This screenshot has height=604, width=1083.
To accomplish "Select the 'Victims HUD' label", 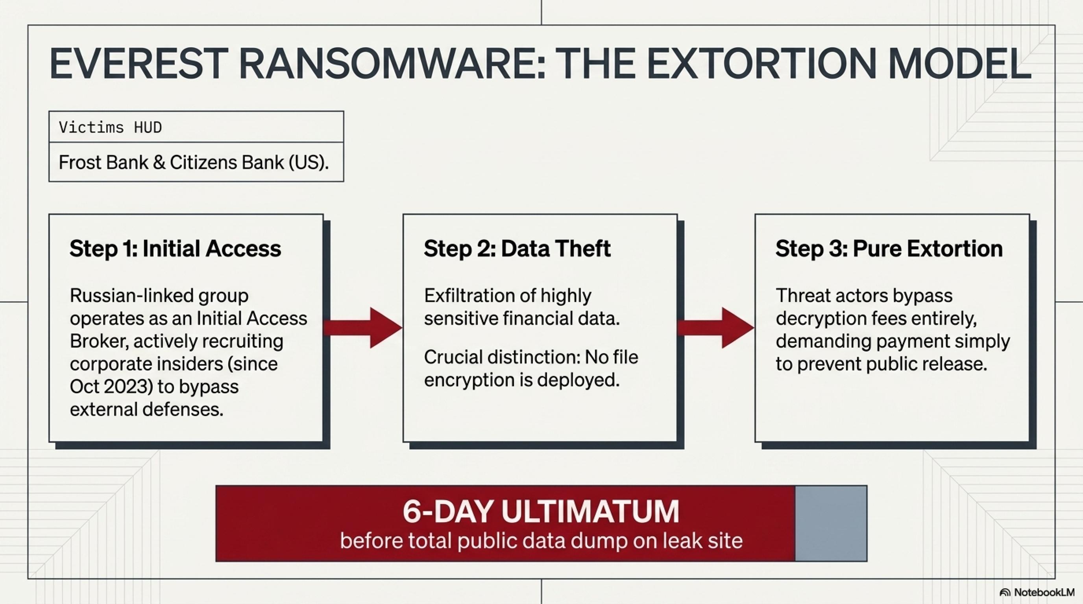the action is pyautogui.click(x=110, y=127).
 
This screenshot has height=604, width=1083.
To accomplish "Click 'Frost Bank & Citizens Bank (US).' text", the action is pyautogui.click(x=193, y=162).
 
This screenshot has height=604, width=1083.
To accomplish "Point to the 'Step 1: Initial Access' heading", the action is pyautogui.click(x=175, y=249).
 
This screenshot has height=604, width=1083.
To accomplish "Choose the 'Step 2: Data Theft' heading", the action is pyautogui.click(x=517, y=249).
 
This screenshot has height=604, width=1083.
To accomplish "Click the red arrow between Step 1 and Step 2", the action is pyautogui.click(x=363, y=328).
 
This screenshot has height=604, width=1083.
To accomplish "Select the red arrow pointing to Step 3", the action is pyautogui.click(x=715, y=328).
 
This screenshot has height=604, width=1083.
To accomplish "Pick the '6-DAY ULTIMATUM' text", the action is pyautogui.click(x=541, y=511).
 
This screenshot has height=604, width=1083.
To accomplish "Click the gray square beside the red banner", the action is pyautogui.click(x=831, y=523).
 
